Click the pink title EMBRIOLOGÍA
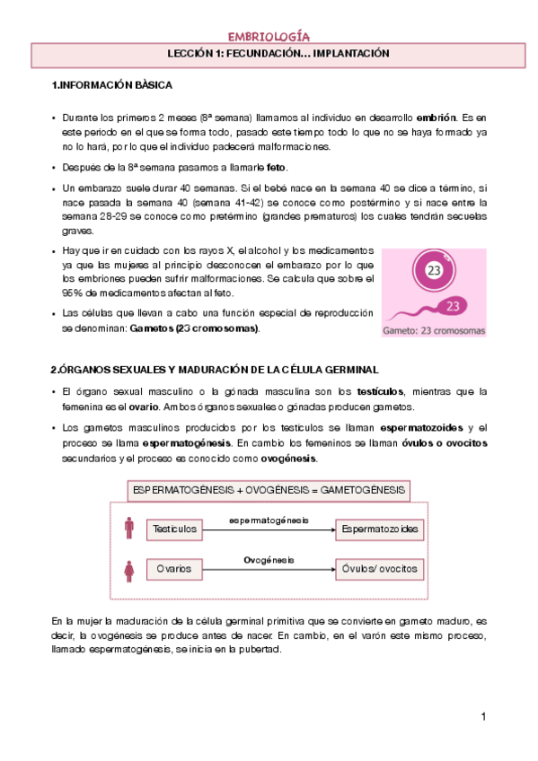pyautogui.click(x=269, y=37)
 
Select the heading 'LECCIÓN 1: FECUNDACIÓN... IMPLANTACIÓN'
pyautogui.click(x=268, y=54)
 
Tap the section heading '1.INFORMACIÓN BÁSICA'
pyautogui.click(x=112, y=86)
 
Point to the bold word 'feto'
pyautogui.click(x=277, y=168)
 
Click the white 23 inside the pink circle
pyautogui.click(x=434, y=270)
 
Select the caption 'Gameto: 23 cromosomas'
pyautogui.click(x=434, y=330)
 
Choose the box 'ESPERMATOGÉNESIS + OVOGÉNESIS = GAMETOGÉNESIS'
pyautogui.click(x=269, y=491)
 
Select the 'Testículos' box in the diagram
pyautogui.click(x=174, y=529)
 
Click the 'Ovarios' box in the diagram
pyautogui.click(x=174, y=569)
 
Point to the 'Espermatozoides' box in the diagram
pyautogui.click(x=380, y=529)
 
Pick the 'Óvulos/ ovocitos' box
pyautogui.click(x=380, y=569)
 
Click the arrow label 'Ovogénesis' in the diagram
pyautogui.click(x=269, y=560)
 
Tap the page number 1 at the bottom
pyautogui.click(x=482, y=716)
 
